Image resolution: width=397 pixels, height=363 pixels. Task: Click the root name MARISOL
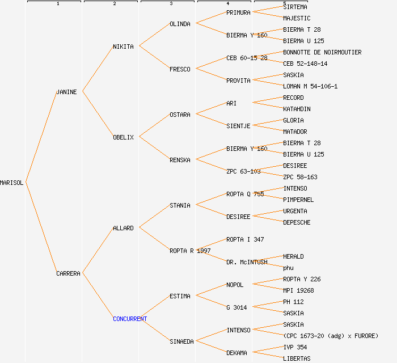point(12,183)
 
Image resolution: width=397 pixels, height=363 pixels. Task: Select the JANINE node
point(66,92)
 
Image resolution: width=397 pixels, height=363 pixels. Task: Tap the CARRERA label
point(68,273)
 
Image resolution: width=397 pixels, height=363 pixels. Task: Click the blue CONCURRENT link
point(130,319)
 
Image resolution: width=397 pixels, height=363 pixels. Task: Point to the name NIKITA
point(123,47)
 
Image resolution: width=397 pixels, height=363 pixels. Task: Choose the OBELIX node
point(123,137)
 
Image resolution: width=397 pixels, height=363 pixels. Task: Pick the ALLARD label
point(123,228)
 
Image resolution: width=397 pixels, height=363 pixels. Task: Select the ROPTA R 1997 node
point(190,251)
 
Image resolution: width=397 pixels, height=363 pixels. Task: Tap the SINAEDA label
point(181,341)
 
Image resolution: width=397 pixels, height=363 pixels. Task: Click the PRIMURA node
point(238,12)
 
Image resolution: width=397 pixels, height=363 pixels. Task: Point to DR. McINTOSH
point(247,262)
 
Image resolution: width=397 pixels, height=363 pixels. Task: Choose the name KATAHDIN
point(297,109)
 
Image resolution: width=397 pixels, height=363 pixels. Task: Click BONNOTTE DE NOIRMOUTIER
point(322,52)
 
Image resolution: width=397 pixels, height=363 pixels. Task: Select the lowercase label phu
point(288,268)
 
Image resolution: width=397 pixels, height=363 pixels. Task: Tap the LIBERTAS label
point(297,358)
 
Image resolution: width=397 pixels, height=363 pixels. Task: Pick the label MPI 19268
point(298,290)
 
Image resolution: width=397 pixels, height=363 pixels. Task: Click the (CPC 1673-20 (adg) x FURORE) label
point(331,336)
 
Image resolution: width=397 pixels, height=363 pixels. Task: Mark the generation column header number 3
point(171,4)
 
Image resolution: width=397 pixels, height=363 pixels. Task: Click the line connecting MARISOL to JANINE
point(40,137)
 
